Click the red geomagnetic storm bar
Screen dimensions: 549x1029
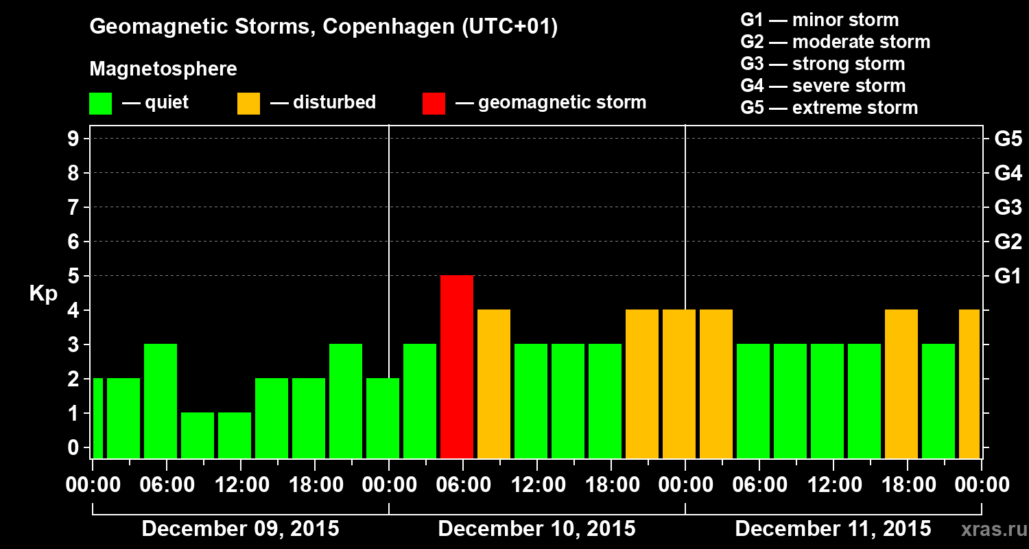click(457, 366)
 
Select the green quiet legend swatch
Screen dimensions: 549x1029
click(100, 104)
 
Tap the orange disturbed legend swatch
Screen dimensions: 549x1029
click(248, 104)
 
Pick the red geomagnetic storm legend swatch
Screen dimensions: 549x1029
click(434, 104)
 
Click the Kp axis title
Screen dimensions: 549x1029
click(43, 294)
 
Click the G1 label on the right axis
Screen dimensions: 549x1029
click(1008, 276)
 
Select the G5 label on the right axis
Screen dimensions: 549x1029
click(1008, 139)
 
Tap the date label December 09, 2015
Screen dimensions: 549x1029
click(240, 529)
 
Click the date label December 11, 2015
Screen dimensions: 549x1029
click(833, 529)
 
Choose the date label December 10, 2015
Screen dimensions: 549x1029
click(536, 529)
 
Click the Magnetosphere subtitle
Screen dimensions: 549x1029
click(163, 69)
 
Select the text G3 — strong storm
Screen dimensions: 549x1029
click(823, 64)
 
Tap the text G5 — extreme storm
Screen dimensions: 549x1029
click(829, 108)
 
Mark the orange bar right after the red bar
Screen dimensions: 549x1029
click(494, 384)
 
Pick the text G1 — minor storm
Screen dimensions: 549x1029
click(819, 20)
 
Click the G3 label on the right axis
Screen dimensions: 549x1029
click(1008, 207)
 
